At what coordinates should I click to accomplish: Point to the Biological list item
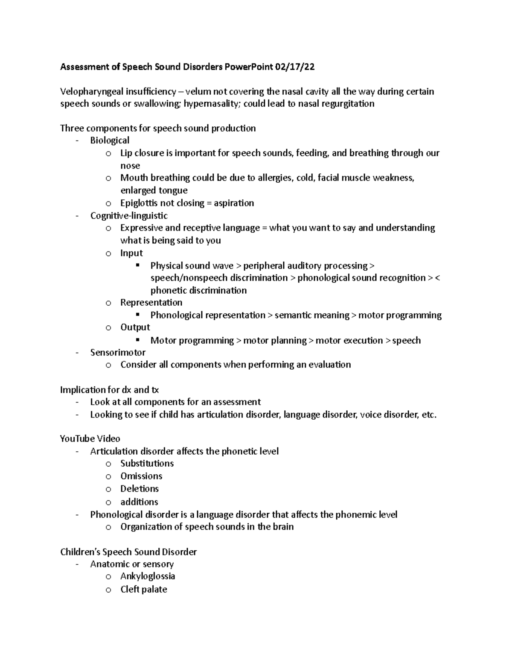tap(110, 140)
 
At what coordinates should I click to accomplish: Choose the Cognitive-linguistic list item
tap(129, 216)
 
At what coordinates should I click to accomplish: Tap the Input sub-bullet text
tap(131, 253)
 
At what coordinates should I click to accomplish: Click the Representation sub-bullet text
tap(151, 303)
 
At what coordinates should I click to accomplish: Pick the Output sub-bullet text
tap(135, 327)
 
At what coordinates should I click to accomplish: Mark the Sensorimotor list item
tap(118, 353)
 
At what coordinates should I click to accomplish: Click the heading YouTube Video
tap(90, 439)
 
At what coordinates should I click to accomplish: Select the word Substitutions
tap(147, 464)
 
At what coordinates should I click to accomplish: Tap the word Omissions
tap(141, 476)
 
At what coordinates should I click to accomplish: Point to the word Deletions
tap(140, 489)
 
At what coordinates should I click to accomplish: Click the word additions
tap(139, 502)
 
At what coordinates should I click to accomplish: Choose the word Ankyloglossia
tap(148, 576)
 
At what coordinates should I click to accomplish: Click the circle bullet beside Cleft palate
tap(108, 590)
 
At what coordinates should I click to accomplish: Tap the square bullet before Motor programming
tap(137, 340)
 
